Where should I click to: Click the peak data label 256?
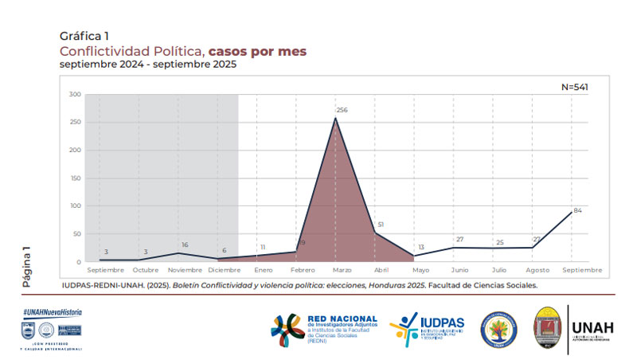click(x=342, y=110)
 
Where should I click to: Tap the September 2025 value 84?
click(x=578, y=210)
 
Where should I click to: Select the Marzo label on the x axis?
click(x=336, y=271)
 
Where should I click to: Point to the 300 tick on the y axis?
click(x=76, y=95)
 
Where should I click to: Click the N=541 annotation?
click(x=575, y=86)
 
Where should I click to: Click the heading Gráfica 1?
click(x=84, y=36)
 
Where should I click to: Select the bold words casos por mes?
click(x=257, y=50)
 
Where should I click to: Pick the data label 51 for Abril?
click(x=381, y=225)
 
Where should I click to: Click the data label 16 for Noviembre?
click(x=185, y=245)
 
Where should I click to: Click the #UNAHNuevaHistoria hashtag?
click(x=53, y=313)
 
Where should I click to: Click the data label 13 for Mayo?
click(x=420, y=247)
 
